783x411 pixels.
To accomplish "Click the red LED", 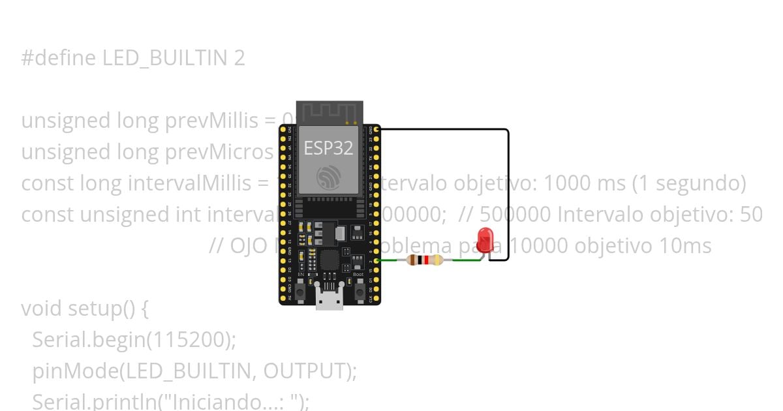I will click(485, 240).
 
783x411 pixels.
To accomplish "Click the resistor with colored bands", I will click(425, 260).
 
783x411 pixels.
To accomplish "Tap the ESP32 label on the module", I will click(329, 148).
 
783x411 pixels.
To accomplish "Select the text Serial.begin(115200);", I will click(134, 339).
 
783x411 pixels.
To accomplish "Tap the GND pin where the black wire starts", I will click(376, 130).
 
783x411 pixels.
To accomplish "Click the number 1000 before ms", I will click(567, 183).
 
